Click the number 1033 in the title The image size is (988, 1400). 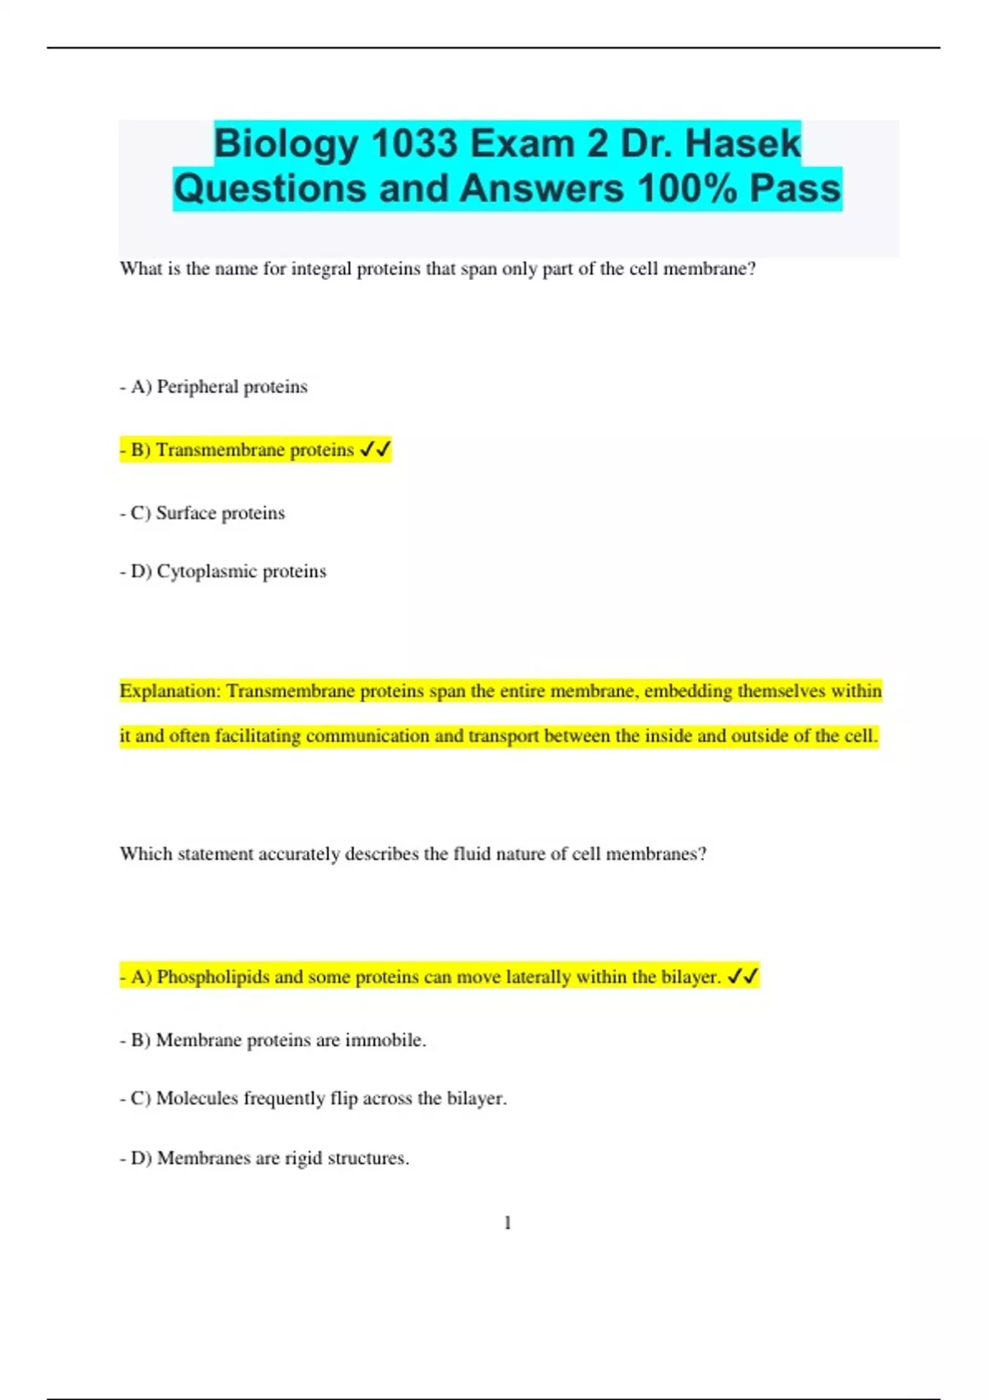(414, 144)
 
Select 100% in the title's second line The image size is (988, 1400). (687, 189)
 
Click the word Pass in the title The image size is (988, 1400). (795, 189)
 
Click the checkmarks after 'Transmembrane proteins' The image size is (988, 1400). (375, 450)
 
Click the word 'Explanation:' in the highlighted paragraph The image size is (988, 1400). (170, 691)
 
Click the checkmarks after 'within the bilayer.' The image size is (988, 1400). (743, 977)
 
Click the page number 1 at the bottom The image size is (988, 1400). (507, 1223)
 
